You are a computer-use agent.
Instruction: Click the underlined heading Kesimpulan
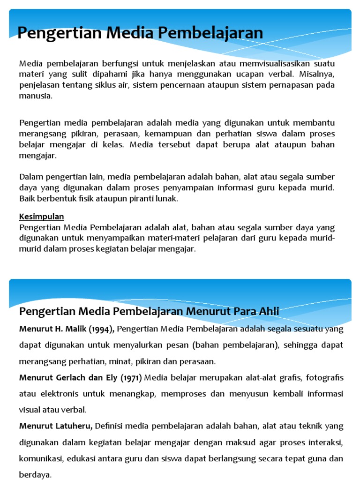point(42,217)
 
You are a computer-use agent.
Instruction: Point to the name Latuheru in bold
point(72,426)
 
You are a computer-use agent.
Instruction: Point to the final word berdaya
point(34,474)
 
